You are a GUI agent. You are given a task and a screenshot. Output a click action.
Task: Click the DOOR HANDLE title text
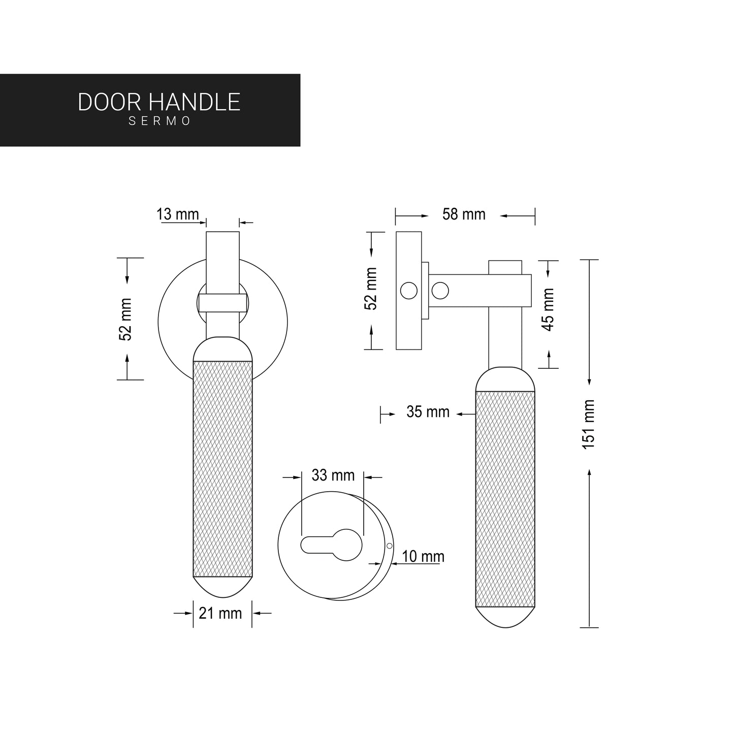pos(159,102)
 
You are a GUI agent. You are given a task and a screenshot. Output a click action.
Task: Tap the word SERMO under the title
pos(159,122)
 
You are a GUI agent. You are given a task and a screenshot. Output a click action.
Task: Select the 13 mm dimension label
pos(178,214)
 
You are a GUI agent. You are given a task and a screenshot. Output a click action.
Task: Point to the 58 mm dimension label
pos(464,214)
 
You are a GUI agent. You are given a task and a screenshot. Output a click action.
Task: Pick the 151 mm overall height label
pos(588,424)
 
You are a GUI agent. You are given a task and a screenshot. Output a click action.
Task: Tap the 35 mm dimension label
pos(428,412)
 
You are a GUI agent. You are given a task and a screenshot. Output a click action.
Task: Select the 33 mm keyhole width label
pos(333,475)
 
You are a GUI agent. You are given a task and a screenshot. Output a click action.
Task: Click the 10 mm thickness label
pos(423,557)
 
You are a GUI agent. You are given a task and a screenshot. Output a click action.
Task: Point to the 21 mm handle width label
pos(220,614)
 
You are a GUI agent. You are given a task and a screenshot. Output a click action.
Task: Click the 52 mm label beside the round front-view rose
pos(125,320)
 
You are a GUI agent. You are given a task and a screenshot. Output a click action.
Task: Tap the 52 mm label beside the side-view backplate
pos(371,289)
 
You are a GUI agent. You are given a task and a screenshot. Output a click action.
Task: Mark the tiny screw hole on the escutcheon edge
pos(389,546)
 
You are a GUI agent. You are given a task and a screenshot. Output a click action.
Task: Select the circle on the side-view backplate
pos(409,291)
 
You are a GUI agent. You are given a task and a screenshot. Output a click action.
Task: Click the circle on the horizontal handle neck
pos(440,291)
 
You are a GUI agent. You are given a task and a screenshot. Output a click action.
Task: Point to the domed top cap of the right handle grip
pos(505,379)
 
